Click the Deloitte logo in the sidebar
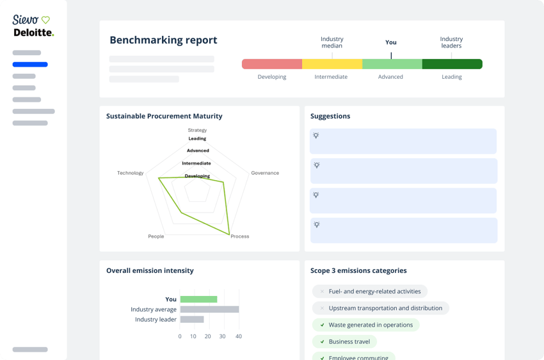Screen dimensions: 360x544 tap(33, 33)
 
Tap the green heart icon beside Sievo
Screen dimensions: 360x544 tap(45, 20)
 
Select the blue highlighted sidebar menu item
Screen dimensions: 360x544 tap(30, 64)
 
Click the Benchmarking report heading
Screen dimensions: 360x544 tap(163, 40)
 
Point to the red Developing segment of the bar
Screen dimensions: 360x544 tap(272, 64)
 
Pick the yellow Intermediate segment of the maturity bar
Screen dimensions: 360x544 tap(332, 64)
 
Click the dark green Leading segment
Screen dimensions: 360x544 tap(452, 64)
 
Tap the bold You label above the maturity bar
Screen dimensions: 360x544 tap(391, 42)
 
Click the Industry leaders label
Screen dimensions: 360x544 tap(451, 42)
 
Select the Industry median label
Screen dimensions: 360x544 tap(332, 42)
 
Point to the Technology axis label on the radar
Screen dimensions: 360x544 tap(131, 173)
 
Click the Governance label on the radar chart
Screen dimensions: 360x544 tap(265, 173)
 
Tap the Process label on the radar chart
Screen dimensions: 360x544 tap(240, 236)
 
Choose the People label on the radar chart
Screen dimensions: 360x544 tap(156, 236)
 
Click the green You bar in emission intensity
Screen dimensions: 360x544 tap(198, 299)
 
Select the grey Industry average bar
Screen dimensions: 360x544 tap(209, 309)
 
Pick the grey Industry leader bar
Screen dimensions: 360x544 tap(192, 320)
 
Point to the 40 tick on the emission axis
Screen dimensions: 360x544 tap(239, 336)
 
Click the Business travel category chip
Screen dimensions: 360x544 tap(349, 341)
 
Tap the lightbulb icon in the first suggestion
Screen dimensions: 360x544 tap(316, 136)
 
